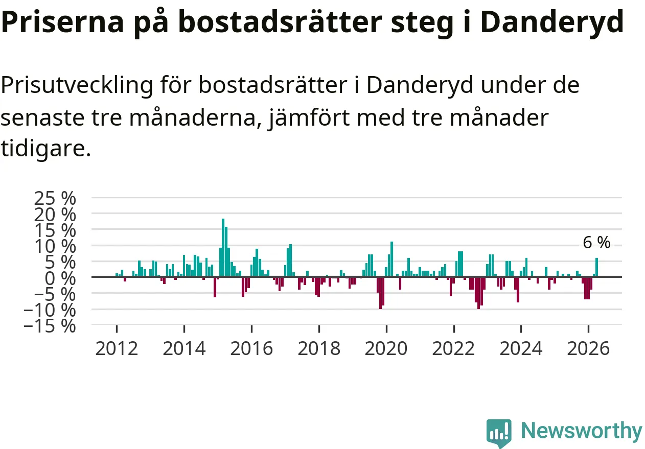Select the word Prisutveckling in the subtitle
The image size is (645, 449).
click(x=77, y=85)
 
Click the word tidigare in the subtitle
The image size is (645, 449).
click(x=46, y=149)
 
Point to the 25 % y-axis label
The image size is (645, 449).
click(x=55, y=198)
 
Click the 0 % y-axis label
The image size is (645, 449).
click(x=60, y=278)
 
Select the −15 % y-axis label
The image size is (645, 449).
click(x=50, y=326)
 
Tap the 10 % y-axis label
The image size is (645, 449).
click(x=55, y=246)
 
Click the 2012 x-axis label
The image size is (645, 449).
click(x=117, y=349)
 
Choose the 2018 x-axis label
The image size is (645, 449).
click(x=319, y=349)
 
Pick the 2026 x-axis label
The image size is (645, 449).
click(x=588, y=349)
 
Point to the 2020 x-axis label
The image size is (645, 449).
click(x=386, y=349)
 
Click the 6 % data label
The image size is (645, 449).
click(x=596, y=242)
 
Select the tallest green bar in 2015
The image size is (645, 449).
click(x=223, y=248)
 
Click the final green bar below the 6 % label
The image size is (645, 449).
click(x=596, y=267)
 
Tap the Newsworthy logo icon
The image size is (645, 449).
click(x=499, y=433)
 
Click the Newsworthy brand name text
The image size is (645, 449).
click(x=582, y=431)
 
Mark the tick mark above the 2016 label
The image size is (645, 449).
click(x=251, y=329)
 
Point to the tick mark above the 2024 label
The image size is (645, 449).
click(x=521, y=329)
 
